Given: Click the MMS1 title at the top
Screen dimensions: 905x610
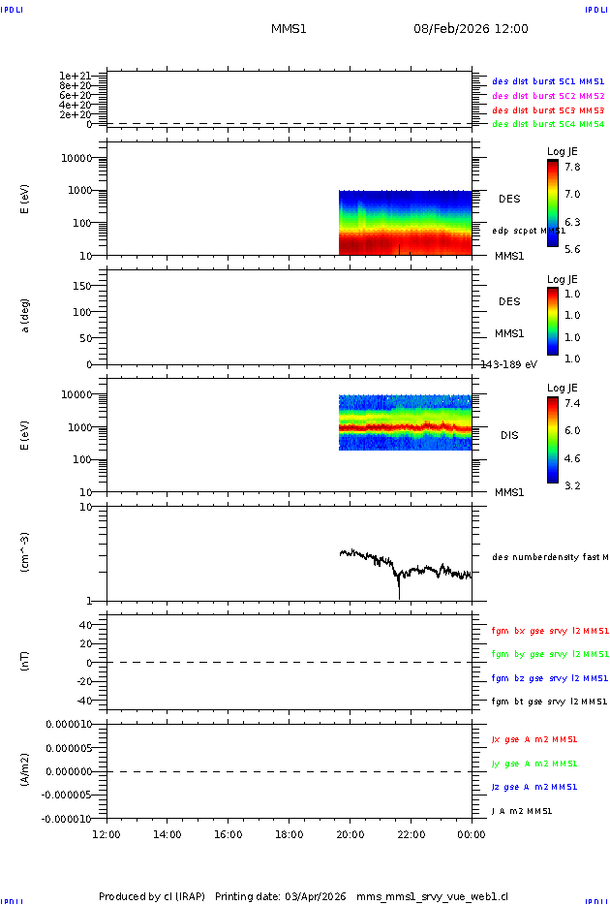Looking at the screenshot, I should click(289, 29).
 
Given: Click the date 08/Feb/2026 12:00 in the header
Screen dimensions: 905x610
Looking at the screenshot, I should click(471, 29).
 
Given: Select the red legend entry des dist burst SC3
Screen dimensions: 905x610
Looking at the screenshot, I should click(548, 111).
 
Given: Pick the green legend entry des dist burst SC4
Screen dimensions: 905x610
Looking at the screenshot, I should click(548, 124).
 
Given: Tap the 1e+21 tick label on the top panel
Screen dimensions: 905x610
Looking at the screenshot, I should click(75, 76).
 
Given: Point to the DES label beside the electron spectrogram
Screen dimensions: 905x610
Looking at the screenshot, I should click(509, 199).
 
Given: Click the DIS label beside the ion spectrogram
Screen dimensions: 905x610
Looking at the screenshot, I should click(509, 435).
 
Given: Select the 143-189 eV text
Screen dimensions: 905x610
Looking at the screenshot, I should click(509, 364).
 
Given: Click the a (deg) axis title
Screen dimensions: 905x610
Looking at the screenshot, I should click(26, 315).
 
